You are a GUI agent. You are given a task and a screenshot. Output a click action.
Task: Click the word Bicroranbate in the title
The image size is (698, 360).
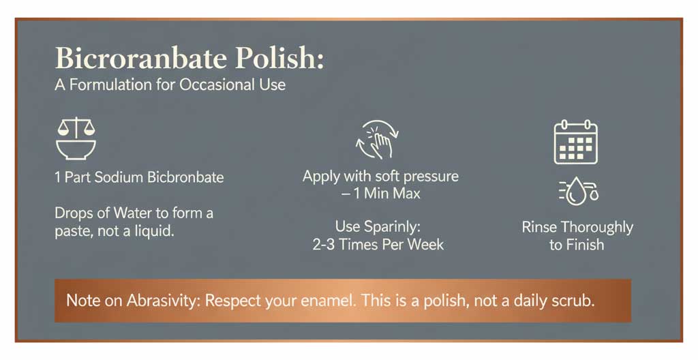click(140, 59)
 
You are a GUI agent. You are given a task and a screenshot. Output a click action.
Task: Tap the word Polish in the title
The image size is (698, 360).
click(279, 59)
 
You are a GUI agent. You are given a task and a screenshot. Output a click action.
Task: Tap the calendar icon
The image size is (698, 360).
click(575, 142)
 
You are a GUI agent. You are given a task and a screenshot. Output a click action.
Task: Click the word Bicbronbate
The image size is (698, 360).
click(186, 178)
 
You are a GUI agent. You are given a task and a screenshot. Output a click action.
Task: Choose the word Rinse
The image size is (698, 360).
click(540, 227)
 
